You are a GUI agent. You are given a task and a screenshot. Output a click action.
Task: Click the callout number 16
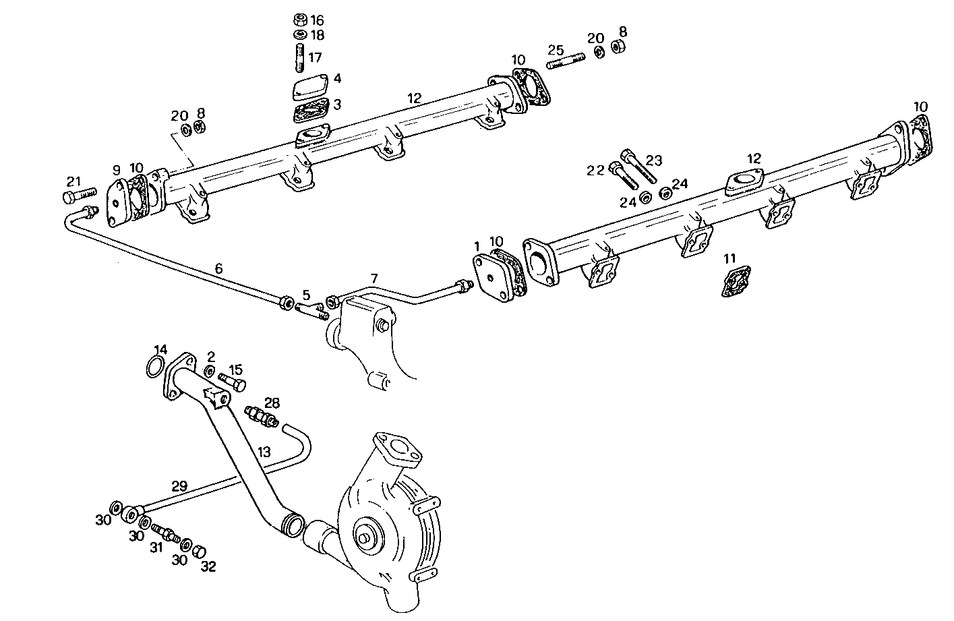[317, 21]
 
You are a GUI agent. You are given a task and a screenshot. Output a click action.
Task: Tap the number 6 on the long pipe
[218, 268]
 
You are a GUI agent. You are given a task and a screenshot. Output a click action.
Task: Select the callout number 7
[374, 278]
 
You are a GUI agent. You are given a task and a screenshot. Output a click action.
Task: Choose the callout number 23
[654, 160]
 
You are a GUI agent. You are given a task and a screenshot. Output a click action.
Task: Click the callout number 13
[264, 452]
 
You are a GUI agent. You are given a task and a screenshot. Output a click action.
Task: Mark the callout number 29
[179, 485]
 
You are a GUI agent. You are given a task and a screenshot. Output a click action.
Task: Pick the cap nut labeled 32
[199, 552]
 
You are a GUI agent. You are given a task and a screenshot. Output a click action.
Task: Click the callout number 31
[156, 549]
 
